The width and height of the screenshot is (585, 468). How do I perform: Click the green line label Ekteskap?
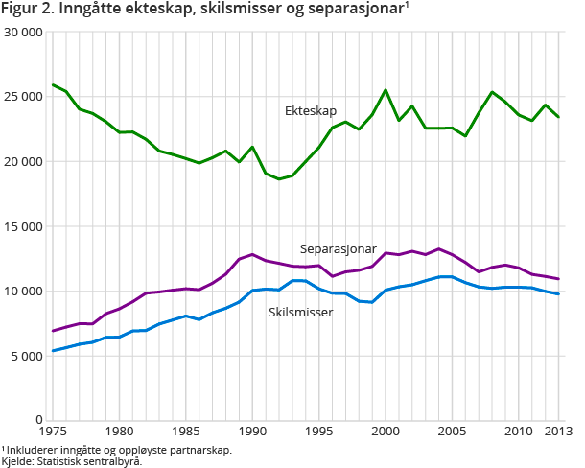pyautogui.click(x=311, y=111)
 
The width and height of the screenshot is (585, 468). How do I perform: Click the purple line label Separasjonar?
pyautogui.click(x=339, y=248)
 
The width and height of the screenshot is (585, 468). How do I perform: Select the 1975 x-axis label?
pyautogui.click(x=53, y=433)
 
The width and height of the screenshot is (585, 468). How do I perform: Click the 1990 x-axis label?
pyautogui.click(x=252, y=433)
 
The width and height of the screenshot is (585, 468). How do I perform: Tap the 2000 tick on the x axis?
pyautogui.click(x=385, y=433)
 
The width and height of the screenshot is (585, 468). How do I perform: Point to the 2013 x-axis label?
pyautogui.click(x=558, y=433)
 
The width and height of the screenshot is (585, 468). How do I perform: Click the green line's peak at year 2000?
pyautogui.click(x=386, y=90)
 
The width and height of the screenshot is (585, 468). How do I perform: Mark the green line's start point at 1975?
pyautogui.click(x=53, y=85)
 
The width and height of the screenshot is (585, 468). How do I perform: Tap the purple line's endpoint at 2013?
pyautogui.click(x=558, y=279)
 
